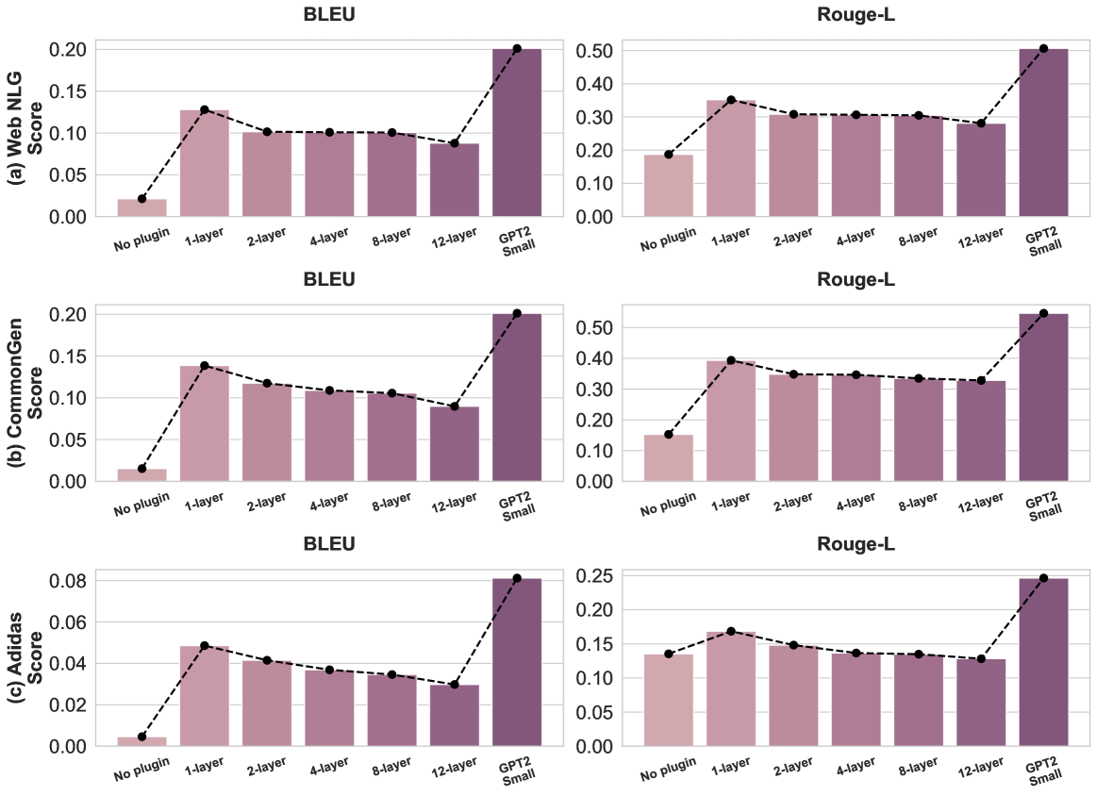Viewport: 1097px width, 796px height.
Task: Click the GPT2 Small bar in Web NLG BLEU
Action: click(517, 133)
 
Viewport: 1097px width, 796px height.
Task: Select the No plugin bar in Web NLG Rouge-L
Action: click(669, 186)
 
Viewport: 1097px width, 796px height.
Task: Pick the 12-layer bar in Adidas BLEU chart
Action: click(455, 716)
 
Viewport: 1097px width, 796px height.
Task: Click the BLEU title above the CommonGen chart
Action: click(329, 280)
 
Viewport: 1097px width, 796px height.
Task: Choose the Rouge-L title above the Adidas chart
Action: click(856, 545)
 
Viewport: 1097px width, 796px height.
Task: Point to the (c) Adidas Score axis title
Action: click(27, 663)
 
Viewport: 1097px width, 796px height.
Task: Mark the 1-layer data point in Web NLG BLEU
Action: click(205, 110)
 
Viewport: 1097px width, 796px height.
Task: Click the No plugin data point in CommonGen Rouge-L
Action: click(669, 435)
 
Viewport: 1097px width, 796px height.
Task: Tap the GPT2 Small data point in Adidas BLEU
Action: click(517, 577)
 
